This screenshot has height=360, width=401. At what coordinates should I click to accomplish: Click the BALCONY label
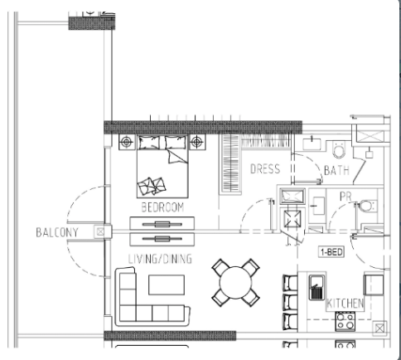coord(57,232)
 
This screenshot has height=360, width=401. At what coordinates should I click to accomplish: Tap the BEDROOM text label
coord(162,207)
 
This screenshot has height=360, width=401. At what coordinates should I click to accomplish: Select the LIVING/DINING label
coord(160,259)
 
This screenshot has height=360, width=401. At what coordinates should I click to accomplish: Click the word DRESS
coord(265,168)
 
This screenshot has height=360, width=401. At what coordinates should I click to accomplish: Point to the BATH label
coord(336,170)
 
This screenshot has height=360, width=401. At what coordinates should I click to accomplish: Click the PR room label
coord(345,197)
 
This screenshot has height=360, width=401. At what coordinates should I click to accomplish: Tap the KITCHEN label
coord(345,304)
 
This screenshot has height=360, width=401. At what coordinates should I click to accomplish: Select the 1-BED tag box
coord(331,252)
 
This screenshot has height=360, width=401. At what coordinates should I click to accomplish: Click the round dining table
coord(235,283)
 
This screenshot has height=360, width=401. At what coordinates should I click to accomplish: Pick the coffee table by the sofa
coord(167,285)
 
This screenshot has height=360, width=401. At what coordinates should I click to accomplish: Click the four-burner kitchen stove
coord(345,321)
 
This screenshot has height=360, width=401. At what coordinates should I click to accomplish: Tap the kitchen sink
coord(316,288)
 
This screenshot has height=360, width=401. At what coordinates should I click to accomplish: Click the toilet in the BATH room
coord(339,149)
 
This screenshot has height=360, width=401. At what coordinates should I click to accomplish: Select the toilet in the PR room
coord(366,207)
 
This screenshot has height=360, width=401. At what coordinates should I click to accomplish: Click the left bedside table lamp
coord(127,142)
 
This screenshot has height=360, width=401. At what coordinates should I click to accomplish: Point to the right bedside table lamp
coord(197,142)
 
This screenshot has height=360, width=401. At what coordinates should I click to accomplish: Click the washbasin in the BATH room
coord(312,144)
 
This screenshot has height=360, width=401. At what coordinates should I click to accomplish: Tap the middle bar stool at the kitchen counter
coord(290,302)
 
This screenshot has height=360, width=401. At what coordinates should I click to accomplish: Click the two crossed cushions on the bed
coord(152,186)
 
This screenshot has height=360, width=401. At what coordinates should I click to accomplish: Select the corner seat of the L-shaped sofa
coord(128,314)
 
